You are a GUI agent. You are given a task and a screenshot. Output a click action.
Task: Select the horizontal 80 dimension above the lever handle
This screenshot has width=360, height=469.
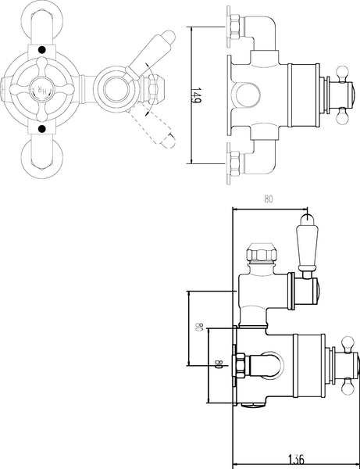pos(269,199)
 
